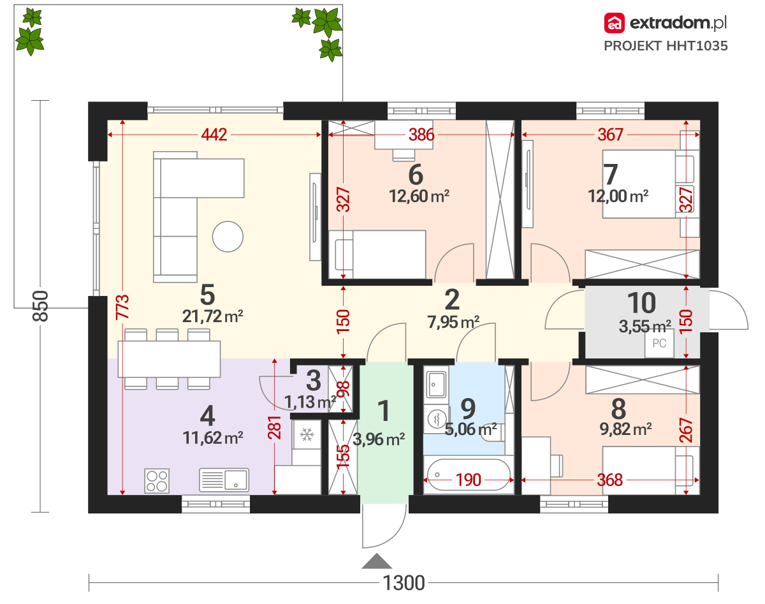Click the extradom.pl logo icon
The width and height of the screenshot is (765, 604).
tap(615, 23)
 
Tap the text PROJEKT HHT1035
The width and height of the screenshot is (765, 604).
tap(666, 46)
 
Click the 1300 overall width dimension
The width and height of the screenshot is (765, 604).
tap(404, 583)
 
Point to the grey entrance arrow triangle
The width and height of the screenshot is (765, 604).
tap(377, 561)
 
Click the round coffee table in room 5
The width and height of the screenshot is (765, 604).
tap(228, 237)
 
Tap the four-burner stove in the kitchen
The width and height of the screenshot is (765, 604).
tap(157, 481)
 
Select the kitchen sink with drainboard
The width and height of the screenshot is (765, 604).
tap(224, 480)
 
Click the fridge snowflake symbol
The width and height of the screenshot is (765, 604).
tap(306, 434)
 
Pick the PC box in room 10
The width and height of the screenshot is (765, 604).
tap(659, 343)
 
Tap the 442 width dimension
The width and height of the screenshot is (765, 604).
tap(214, 135)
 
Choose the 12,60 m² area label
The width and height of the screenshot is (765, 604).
tap(419, 196)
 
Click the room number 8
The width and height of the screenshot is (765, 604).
tap(618, 409)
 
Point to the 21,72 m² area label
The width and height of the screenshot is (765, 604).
tap(212, 316)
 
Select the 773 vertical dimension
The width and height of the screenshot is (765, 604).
tap(122, 307)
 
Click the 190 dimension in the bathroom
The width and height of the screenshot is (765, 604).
tap(469, 480)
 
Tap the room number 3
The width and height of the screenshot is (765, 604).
tap(314, 381)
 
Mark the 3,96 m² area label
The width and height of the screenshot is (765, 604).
tap(379, 439)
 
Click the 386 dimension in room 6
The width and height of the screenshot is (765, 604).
tap(421, 135)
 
